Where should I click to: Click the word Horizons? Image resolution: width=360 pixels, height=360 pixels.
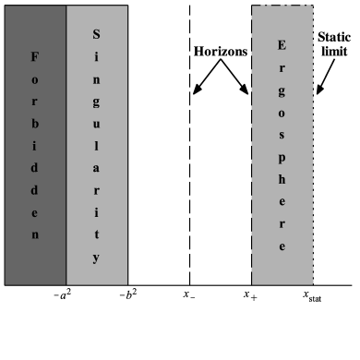point(221,53)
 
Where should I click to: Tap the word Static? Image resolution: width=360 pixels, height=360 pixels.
point(333,37)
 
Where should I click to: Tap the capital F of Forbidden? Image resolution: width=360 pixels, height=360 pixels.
point(36,57)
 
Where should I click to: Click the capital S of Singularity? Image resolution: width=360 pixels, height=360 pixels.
point(97,35)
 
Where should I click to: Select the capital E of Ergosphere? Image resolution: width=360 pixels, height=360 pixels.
point(282,45)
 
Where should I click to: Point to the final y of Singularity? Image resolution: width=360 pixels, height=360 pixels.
point(97,258)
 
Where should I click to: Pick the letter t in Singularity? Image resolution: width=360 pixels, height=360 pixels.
point(97,235)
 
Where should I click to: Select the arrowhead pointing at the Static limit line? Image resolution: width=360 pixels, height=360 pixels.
point(317,93)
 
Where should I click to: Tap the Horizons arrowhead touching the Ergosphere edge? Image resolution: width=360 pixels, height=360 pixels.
point(247,93)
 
